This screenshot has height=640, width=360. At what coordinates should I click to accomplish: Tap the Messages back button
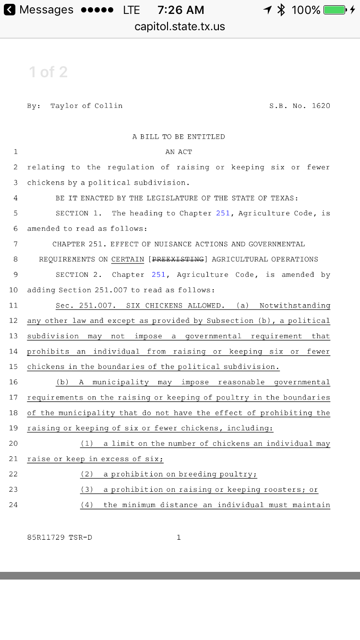tap(38, 10)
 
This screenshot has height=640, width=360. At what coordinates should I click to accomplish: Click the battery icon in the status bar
tap(335, 10)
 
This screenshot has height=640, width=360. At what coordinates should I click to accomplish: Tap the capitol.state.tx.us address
tap(180, 26)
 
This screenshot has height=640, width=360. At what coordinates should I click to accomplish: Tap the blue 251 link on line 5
tap(223, 213)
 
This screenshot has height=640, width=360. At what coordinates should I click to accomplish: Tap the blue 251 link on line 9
tap(158, 274)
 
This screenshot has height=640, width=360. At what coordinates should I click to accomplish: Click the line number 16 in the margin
tap(13, 382)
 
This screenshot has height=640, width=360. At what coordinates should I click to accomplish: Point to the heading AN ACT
tap(179, 152)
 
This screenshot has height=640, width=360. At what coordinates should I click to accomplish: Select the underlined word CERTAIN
tap(128, 259)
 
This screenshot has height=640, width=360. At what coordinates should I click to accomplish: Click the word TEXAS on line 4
tap(283, 198)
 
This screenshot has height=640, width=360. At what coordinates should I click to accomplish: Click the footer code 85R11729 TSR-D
tap(60, 537)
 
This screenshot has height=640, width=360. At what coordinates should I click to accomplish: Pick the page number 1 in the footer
tap(179, 537)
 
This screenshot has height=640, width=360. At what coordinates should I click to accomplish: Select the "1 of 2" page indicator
tap(48, 72)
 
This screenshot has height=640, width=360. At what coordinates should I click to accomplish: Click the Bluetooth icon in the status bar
tap(281, 10)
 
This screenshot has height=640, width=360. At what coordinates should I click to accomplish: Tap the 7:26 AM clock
tap(180, 10)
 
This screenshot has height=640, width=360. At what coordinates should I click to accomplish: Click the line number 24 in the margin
tap(13, 505)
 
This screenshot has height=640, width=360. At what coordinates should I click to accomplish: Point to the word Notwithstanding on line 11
tap(295, 305)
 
